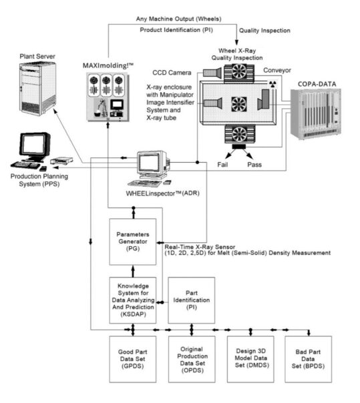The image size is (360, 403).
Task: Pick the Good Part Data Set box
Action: click(133, 358)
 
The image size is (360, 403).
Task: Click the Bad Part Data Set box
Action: click(308, 358)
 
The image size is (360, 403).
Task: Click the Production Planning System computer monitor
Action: click(34, 143)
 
